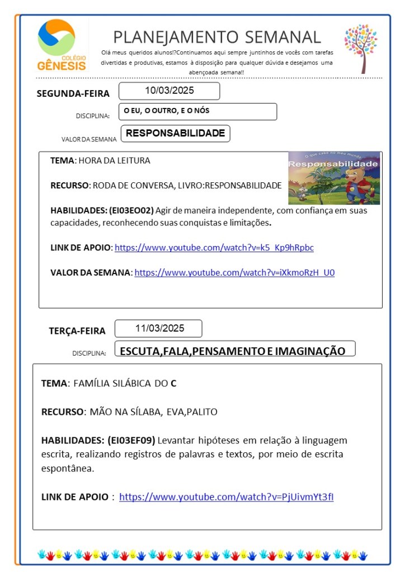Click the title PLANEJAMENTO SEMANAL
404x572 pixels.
coord(217,37)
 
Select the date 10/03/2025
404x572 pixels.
coord(169,91)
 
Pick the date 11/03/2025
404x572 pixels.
coord(159,328)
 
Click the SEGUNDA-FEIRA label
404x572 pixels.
coord(73,93)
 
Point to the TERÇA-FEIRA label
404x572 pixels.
coord(77,330)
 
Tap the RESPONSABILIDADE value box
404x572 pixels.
coord(175,134)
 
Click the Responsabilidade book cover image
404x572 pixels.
coord(334,178)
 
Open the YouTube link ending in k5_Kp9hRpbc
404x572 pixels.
coord(214,247)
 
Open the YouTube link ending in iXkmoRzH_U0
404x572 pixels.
coord(234,272)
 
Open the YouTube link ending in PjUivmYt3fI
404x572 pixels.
coord(226,497)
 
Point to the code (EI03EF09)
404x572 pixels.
coord(131,440)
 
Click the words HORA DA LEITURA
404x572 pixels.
coord(114,160)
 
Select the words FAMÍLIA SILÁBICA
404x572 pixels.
coord(112,384)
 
